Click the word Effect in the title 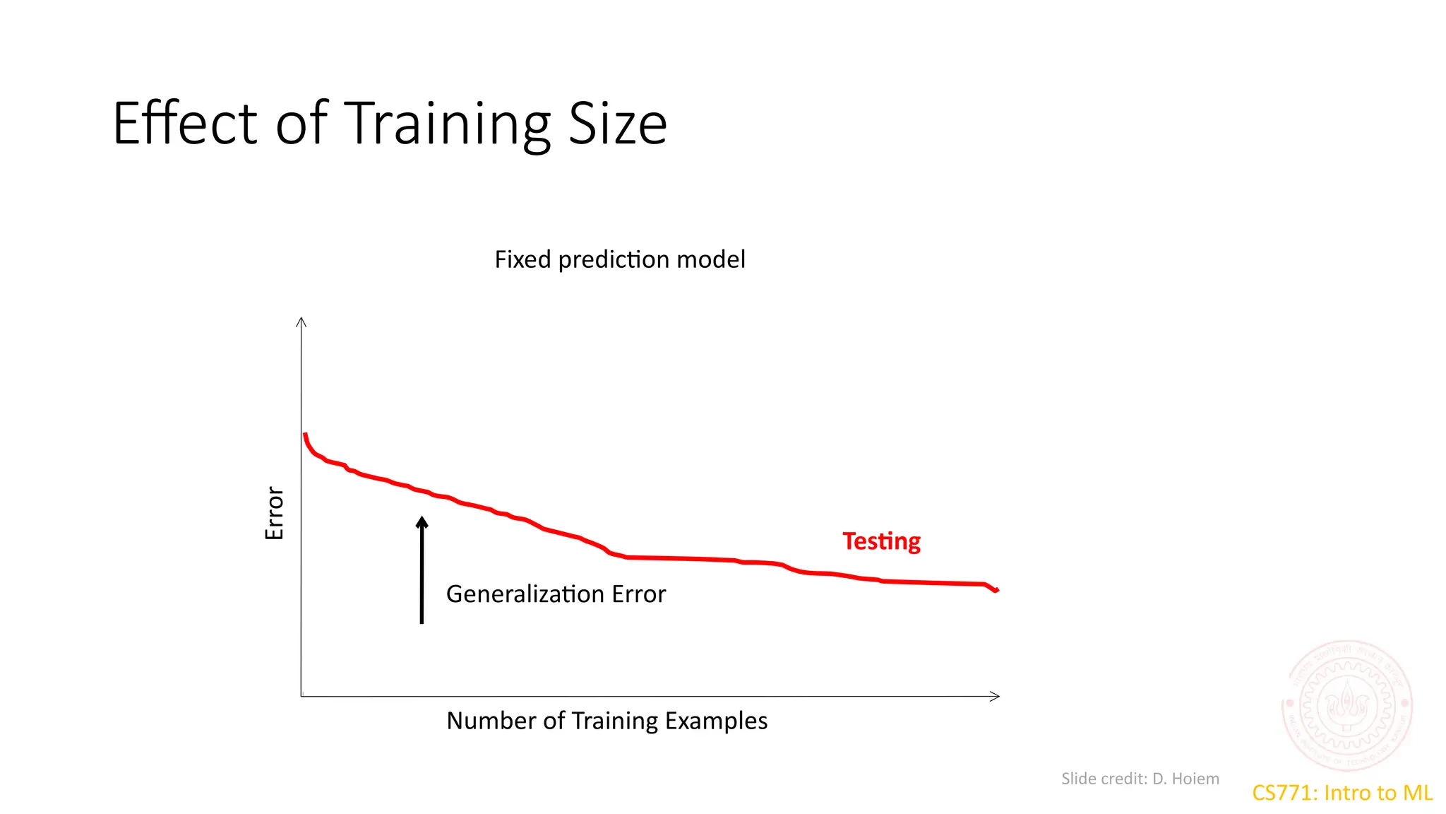pyautogui.click(x=185, y=124)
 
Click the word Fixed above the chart pyautogui.click(x=522, y=259)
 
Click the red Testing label pyautogui.click(x=881, y=541)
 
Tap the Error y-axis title pyautogui.click(x=274, y=513)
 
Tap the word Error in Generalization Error pyautogui.click(x=638, y=594)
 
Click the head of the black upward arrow pyautogui.click(x=422, y=523)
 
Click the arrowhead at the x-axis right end pyautogui.click(x=996, y=697)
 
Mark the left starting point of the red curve pyautogui.click(x=305, y=435)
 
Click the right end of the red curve pyautogui.click(x=997, y=589)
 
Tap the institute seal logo pyautogui.click(x=1346, y=704)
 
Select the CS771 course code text pyautogui.click(x=1282, y=793)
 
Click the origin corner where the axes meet pyautogui.click(x=301, y=697)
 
